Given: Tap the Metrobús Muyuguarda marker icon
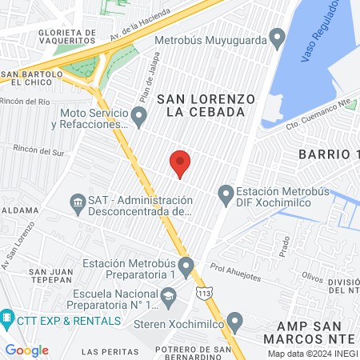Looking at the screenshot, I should [278, 37].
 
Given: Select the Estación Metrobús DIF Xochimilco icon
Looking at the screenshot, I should [226, 194].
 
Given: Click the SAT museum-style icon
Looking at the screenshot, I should [78, 201].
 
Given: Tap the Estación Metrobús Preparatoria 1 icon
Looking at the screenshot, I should [186, 265].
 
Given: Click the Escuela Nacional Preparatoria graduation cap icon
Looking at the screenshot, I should [169, 298].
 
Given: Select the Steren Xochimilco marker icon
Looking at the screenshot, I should [234, 322].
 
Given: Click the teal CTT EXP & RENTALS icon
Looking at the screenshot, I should [7, 320].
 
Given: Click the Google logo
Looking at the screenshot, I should [26, 350].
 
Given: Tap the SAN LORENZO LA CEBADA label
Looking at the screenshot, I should [206, 105].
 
